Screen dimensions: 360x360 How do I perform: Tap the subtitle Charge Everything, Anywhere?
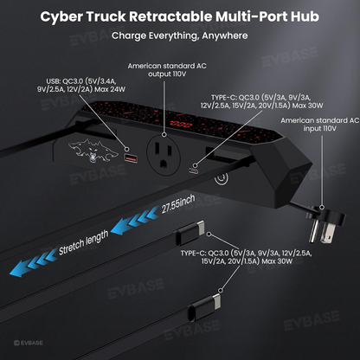tap(179, 36)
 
